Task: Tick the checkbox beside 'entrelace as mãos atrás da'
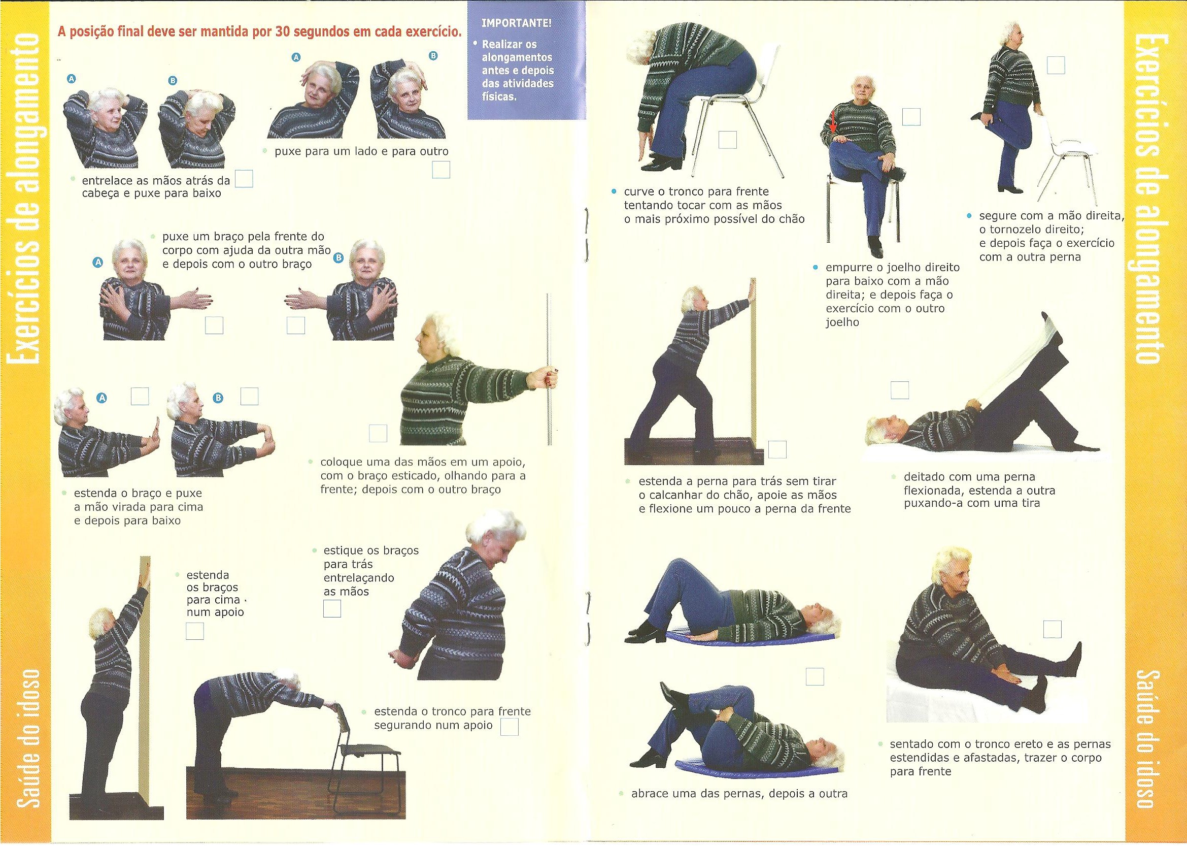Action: tap(244, 179)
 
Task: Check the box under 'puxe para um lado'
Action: tap(442, 170)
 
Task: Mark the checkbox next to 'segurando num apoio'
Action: tap(509, 727)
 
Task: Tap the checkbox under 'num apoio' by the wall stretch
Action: tap(195, 631)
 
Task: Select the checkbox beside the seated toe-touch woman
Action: tap(1052, 629)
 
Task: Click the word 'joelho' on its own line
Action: tap(843, 322)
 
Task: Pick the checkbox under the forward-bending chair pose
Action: tap(728, 140)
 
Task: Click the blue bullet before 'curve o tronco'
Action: tap(615, 191)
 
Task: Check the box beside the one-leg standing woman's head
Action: tap(1055, 80)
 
